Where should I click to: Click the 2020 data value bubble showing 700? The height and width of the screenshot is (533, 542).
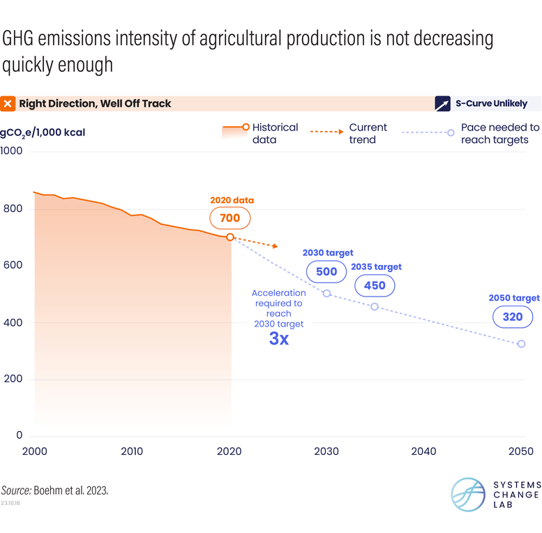[x=230, y=218]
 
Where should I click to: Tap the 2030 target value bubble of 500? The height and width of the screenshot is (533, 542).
[x=326, y=271]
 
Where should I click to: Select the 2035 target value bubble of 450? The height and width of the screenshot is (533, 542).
[x=375, y=285]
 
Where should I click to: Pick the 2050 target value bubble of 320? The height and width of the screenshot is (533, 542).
[x=512, y=317]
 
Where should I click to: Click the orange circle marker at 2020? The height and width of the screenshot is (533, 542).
[x=230, y=237]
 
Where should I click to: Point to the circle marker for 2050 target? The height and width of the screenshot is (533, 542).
[x=521, y=344]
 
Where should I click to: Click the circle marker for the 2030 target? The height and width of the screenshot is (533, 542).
[x=326, y=293]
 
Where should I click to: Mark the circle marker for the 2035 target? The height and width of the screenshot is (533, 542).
[x=375, y=307]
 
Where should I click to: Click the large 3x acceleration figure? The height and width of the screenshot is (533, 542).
[x=278, y=340]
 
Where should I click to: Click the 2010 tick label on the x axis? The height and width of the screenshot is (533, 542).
[x=132, y=451]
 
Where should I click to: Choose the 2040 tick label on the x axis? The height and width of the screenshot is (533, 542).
[x=423, y=451]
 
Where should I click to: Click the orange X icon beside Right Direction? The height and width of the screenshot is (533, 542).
[x=8, y=104]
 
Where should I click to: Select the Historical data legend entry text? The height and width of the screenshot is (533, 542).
[x=275, y=133]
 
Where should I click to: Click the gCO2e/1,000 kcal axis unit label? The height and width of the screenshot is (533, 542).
[x=43, y=132]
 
